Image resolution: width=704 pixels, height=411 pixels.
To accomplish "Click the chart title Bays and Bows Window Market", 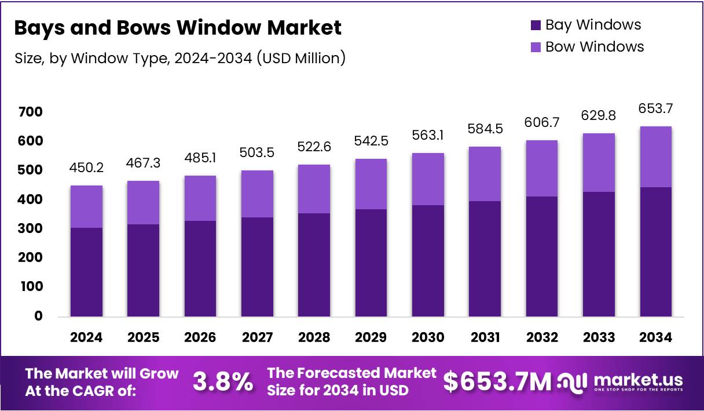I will (177, 28).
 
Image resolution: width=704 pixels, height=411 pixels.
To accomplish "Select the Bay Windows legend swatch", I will (536, 25).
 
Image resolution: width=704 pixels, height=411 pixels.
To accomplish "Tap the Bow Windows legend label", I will (595, 46).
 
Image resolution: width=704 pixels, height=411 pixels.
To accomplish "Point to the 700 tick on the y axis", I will (30, 111).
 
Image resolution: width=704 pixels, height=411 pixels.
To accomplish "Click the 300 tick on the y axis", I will (30, 228).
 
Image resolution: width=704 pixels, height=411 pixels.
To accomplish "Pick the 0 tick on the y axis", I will (38, 316).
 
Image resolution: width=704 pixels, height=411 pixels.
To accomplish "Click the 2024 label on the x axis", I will (86, 337).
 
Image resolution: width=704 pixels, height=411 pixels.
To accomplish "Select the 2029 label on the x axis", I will (371, 337).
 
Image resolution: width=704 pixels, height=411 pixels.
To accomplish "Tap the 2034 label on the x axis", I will (655, 337).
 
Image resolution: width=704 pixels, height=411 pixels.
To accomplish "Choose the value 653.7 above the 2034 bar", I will (655, 109).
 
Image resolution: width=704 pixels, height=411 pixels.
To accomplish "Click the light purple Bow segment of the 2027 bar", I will (257, 194).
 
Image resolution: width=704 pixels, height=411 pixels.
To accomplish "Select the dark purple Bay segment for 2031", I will (485, 259).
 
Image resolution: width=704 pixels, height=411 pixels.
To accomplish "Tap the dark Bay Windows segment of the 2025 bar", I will (143, 270).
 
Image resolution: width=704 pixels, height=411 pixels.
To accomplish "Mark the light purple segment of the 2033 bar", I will (599, 162).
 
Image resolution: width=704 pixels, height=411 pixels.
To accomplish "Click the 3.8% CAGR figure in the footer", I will (222, 381).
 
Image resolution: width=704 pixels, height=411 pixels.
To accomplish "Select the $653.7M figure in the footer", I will (497, 381).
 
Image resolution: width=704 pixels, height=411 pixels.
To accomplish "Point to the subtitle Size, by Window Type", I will (179, 58).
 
